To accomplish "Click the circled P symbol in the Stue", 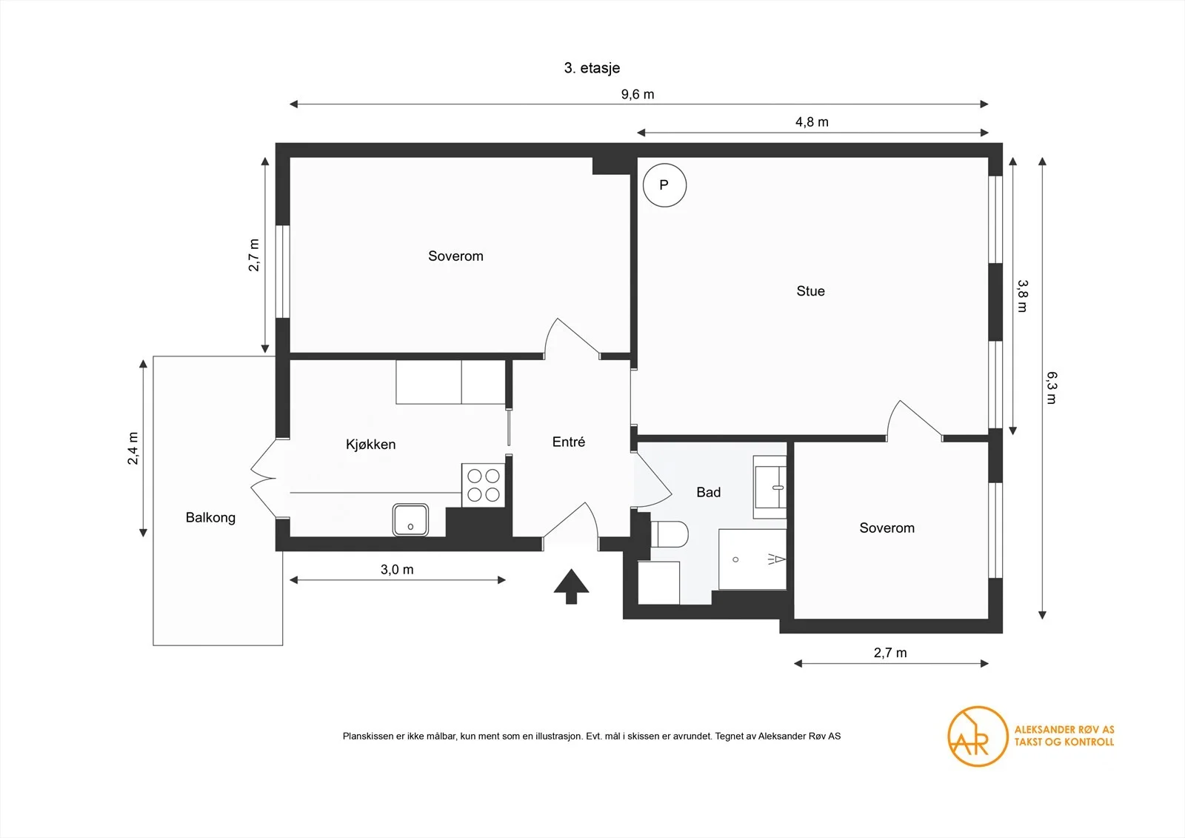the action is (664, 185).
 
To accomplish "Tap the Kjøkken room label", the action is (370, 444).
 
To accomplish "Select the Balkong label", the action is (210, 518).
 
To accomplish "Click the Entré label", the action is (569, 442).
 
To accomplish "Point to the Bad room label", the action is (708, 492).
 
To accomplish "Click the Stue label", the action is (810, 290).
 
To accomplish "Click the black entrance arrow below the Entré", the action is (571, 586).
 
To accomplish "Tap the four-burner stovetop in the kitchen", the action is (484, 485).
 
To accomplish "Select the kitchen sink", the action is (410, 520).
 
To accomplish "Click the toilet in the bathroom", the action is (670, 533).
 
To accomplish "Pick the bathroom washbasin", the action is (770, 487).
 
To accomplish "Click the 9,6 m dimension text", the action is (638, 94).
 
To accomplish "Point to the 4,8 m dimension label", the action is (812, 122).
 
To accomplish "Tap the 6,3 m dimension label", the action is (1052, 388).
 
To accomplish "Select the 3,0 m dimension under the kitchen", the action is (397, 570).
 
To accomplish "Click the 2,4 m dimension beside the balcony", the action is (133, 448).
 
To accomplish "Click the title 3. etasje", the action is (592, 67).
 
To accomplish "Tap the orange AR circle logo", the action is (978, 736).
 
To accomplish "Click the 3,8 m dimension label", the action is (1022, 296).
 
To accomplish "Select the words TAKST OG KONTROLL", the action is (1064, 742).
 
